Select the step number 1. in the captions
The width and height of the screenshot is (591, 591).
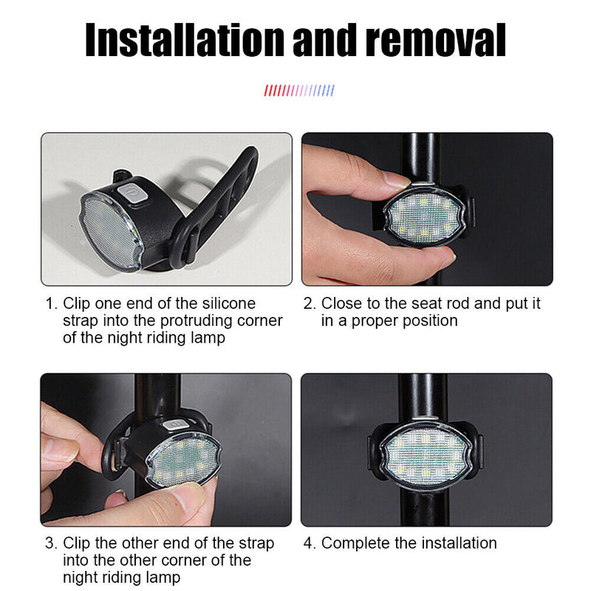[x=51, y=304]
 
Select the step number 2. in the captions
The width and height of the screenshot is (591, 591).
[x=310, y=304]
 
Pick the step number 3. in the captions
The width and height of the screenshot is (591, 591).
[x=51, y=544]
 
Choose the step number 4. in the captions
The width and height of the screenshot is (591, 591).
[x=310, y=544]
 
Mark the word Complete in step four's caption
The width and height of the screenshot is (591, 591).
[x=353, y=544]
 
